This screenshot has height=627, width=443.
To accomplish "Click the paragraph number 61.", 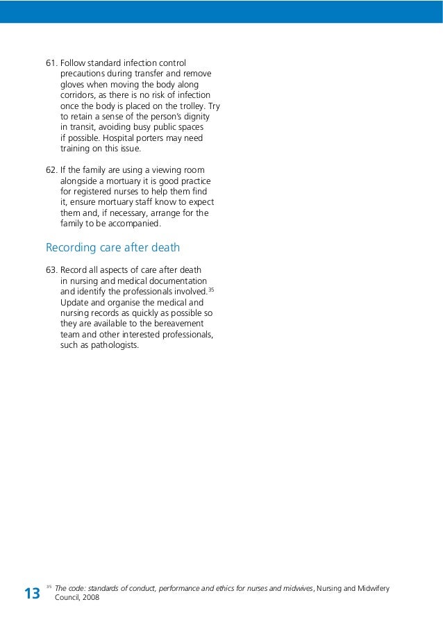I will coord(51,63).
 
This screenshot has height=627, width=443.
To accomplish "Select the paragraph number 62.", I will coord(51,170).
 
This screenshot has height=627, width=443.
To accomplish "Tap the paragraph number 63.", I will coord(51,270).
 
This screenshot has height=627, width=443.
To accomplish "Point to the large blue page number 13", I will coord(32,594).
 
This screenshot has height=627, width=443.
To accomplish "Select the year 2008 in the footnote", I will coord(90,598).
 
